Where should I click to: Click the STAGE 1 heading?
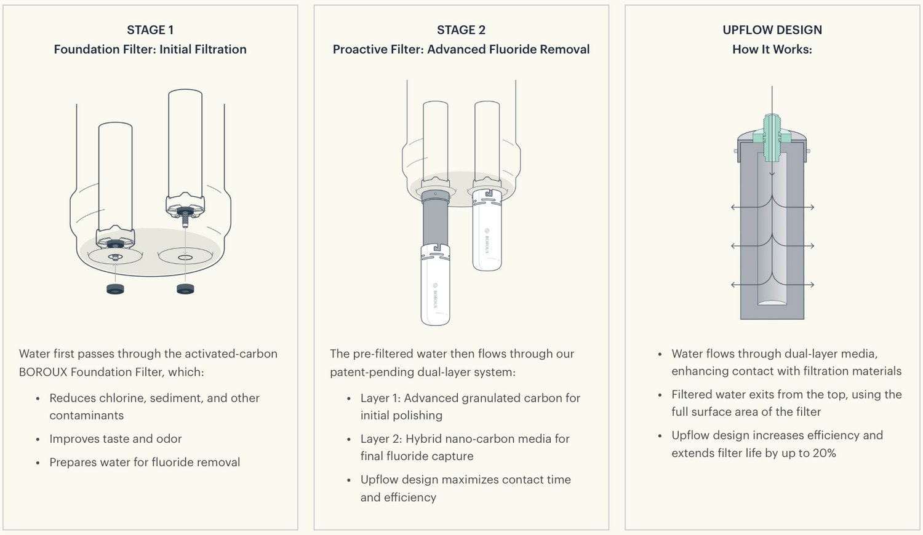pyautogui.click(x=150, y=30)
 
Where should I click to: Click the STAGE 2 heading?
pyautogui.click(x=461, y=30)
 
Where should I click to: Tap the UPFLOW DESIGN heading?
pyautogui.click(x=772, y=30)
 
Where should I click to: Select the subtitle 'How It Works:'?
pyautogui.click(x=772, y=50)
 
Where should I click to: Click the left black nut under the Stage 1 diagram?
pyautogui.click(x=115, y=289)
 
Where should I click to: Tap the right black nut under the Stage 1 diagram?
pyautogui.click(x=185, y=288)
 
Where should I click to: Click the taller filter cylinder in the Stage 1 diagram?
pyautogui.click(x=185, y=141)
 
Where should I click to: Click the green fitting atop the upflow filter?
pyautogui.click(x=772, y=137)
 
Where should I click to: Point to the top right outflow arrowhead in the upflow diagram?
pyautogui.click(x=812, y=207)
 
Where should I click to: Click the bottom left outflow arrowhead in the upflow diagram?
pyautogui.click(x=733, y=285)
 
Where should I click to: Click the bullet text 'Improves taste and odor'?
pyautogui.click(x=116, y=439)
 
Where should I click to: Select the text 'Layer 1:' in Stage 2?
pyautogui.click(x=380, y=398)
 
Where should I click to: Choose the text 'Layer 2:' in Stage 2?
pyautogui.click(x=381, y=439)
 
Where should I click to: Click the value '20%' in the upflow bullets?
pyautogui.click(x=823, y=453)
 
